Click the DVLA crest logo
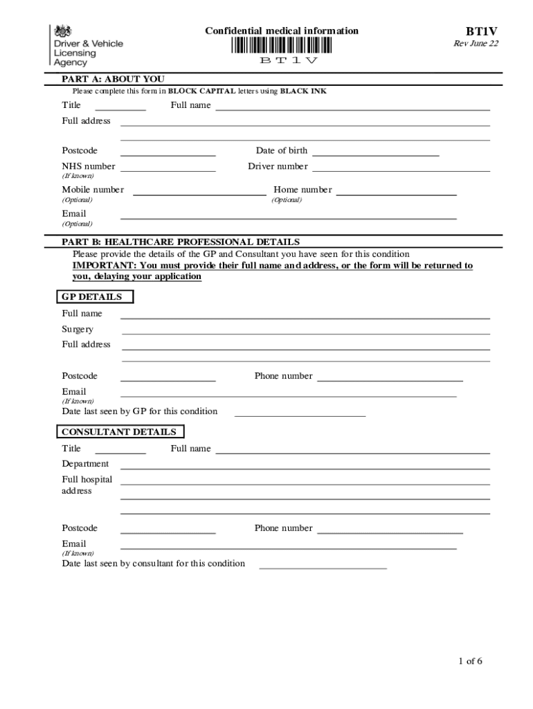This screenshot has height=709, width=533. pos(63,31)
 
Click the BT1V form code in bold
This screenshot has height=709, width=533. pos(481,32)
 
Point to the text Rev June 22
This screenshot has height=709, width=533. pos(476,44)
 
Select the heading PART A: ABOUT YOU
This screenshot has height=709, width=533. pos(113,79)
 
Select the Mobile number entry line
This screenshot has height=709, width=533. pos(199,195)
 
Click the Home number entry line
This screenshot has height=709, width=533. pos(395,195)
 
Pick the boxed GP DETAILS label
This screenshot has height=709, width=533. pos(93,297)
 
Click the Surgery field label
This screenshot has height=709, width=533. pos(78,330)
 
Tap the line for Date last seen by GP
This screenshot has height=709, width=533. pos(300,416)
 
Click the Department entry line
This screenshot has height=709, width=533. pos(305,469)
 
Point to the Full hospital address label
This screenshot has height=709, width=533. pos(87,485)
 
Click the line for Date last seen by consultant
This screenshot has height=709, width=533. pos(323,568)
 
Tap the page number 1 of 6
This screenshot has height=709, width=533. pos(470,661)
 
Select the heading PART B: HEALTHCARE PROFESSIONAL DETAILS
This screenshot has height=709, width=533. pos(181,242)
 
